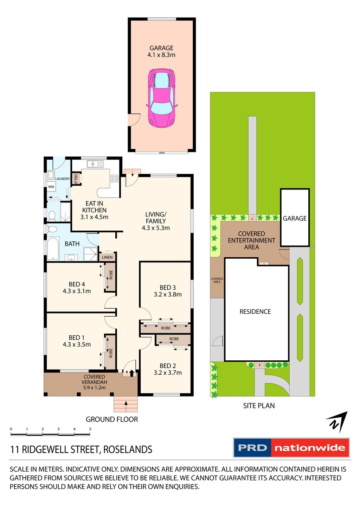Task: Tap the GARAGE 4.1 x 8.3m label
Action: click(x=161, y=51)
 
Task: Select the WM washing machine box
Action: click(x=51, y=187)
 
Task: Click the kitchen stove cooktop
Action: click(x=114, y=178)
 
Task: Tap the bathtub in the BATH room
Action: click(x=54, y=249)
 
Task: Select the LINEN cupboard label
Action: click(x=107, y=257)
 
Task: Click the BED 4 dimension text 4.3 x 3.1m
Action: click(x=77, y=291)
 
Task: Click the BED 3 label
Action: click(x=168, y=288)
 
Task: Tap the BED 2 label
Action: click(x=168, y=366)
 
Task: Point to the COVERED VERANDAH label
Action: click(x=94, y=380)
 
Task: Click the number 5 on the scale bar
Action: click(x=90, y=429)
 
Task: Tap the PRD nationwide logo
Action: click(x=291, y=448)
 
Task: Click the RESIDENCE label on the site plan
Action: click(x=255, y=311)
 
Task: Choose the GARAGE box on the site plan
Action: click(x=295, y=218)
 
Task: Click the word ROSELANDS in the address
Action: click(x=128, y=449)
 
